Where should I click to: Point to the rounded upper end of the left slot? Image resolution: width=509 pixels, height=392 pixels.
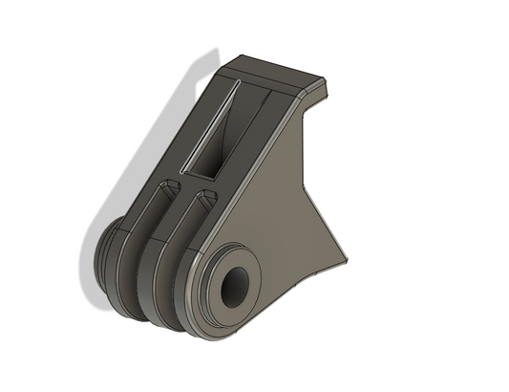pyautogui.click(x=169, y=185)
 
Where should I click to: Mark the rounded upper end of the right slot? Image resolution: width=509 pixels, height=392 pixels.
pyautogui.click(x=202, y=199)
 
